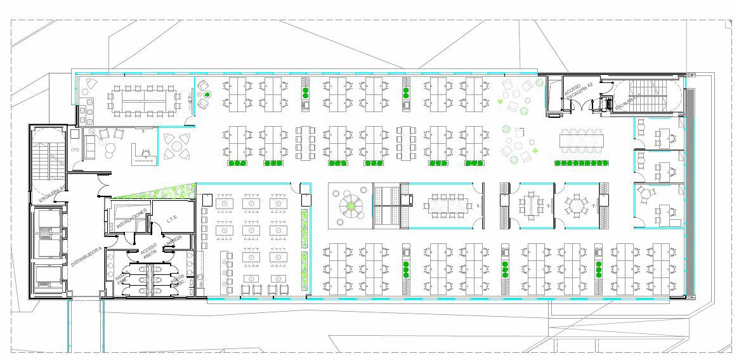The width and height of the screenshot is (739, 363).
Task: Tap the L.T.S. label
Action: click(x=173, y=219)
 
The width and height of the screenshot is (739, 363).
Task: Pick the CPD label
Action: click(x=75, y=150)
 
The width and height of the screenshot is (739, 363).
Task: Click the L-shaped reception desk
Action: click(x=142, y=155)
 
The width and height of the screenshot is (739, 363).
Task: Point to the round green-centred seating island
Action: click(x=350, y=205)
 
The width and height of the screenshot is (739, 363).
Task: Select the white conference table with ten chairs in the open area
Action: click(x=582, y=137)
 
